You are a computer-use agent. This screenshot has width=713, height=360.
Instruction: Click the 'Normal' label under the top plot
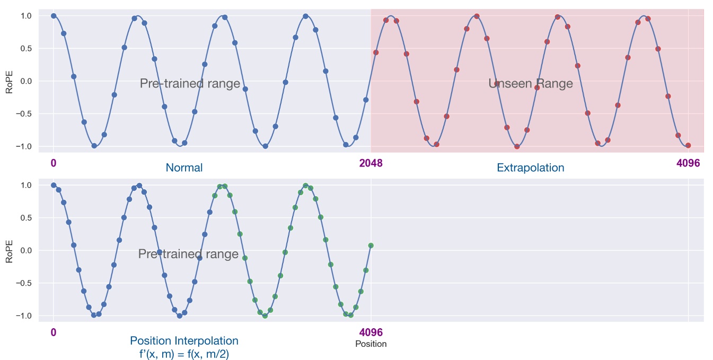tap(184, 168)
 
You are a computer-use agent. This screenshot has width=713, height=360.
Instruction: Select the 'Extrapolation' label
tap(530, 168)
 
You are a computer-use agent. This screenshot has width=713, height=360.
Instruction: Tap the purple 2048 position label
tap(371, 163)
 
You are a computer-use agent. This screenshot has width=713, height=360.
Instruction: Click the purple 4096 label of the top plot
tap(688, 163)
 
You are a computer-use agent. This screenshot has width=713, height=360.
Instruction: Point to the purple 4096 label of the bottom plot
tap(371, 332)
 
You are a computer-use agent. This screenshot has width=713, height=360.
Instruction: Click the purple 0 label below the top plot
tap(54, 163)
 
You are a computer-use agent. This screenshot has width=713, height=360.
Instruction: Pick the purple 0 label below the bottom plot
tap(54, 332)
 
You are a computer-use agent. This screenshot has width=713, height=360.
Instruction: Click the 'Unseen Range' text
tap(530, 83)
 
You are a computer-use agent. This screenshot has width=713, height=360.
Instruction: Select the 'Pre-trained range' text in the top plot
tap(190, 84)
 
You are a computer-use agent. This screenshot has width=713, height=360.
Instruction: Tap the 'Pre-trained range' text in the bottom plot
tap(188, 254)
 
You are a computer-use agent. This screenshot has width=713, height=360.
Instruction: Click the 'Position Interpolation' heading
tap(184, 341)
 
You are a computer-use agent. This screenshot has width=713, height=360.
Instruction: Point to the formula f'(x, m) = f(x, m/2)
tap(184, 354)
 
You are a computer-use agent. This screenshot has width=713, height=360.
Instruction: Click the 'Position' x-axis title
tap(371, 344)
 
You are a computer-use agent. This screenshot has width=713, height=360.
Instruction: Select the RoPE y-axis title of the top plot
tap(8, 81)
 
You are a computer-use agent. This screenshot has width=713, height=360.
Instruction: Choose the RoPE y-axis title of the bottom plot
tap(8, 250)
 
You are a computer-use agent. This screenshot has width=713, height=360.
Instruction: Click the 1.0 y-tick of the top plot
tap(27, 16)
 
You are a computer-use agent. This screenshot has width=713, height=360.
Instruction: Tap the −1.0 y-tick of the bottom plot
tap(24, 315)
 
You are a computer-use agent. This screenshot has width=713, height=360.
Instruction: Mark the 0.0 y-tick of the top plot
tap(27, 81)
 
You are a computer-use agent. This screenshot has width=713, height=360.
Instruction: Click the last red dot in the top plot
tap(688, 145)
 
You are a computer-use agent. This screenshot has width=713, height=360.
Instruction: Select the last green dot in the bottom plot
tap(371, 245)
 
